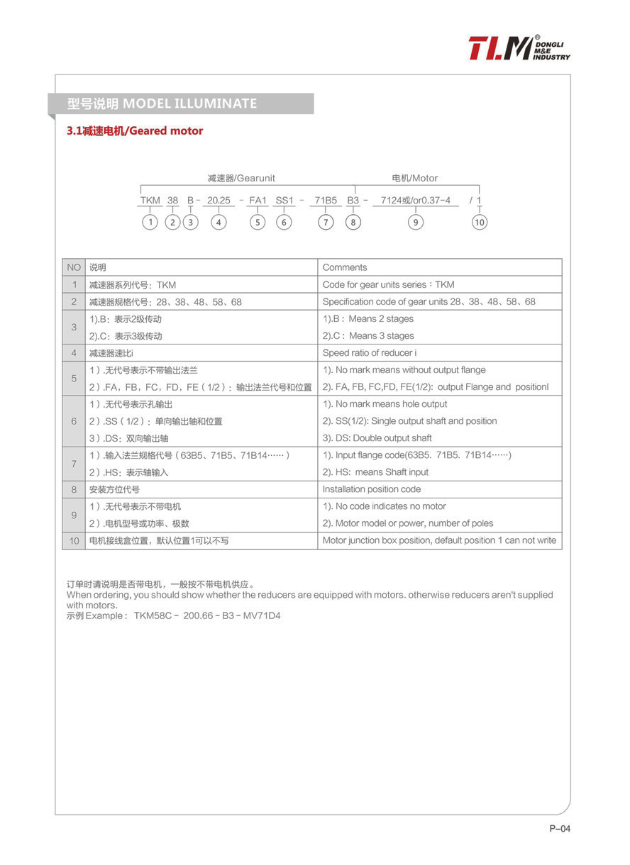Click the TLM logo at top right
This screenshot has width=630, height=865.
(519, 48)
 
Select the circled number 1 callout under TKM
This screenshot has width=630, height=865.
(150, 223)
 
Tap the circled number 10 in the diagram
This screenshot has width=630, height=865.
(480, 223)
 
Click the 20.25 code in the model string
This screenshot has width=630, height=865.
(219, 201)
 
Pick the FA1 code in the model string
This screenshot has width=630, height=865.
(258, 201)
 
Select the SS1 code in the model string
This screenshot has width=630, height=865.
(284, 201)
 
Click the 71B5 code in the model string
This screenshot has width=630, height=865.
(326, 201)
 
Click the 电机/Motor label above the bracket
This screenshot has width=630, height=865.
(415, 178)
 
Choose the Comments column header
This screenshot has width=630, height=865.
(345, 267)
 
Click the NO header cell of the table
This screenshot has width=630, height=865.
(74, 267)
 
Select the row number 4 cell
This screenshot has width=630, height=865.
(74, 353)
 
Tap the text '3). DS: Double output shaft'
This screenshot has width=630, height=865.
(377, 438)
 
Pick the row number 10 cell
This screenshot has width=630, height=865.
(74, 541)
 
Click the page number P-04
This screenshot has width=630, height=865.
(559, 829)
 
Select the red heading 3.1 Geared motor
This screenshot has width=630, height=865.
(135, 131)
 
